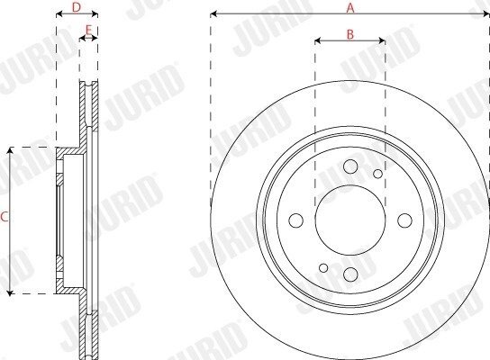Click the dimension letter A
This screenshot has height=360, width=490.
click(x=350, y=8)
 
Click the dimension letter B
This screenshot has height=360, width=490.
click(x=350, y=34)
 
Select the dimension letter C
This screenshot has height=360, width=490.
click(x=5, y=217)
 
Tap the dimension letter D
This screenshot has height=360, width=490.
click(x=77, y=7)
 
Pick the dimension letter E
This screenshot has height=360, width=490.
click(x=89, y=31)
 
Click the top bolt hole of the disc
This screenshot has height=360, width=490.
click(x=350, y=166)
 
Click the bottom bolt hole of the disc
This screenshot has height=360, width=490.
click(x=350, y=274)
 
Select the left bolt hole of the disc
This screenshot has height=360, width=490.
click(x=296, y=220)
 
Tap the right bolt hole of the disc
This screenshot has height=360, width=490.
click(x=404, y=220)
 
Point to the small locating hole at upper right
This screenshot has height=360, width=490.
click(x=377, y=174)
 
